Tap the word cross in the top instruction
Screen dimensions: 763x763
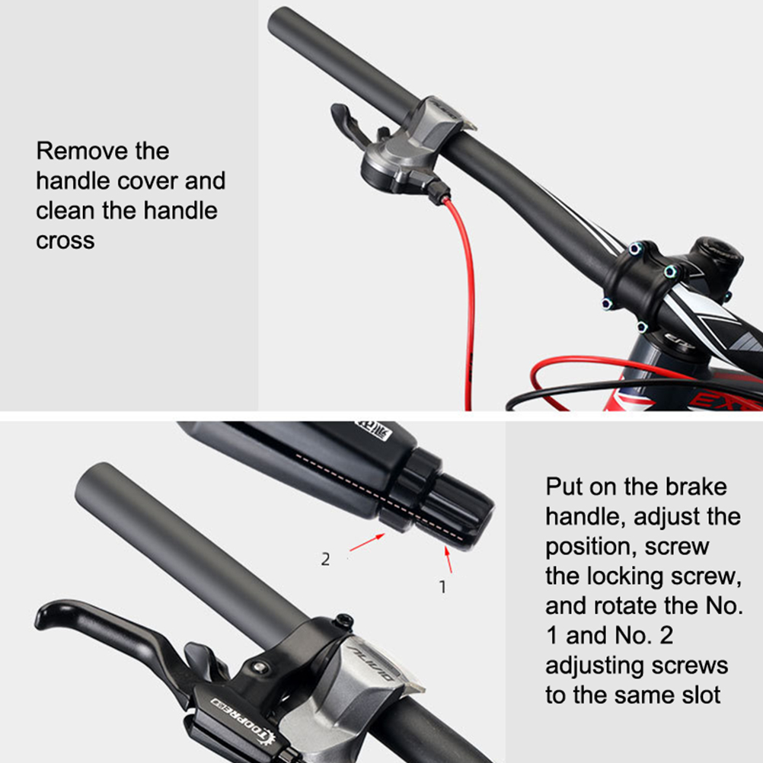[x=65, y=241]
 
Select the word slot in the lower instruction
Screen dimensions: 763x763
[x=701, y=695]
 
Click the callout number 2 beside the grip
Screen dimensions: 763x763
[x=326, y=559]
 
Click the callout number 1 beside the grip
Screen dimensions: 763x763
[x=442, y=587]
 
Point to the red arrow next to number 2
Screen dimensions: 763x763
[x=367, y=542]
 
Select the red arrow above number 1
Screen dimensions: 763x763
[x=449, y=560]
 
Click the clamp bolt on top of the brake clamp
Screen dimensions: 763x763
[x=344, y=621]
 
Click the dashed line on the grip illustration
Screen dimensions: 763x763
[x=379, y=497]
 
